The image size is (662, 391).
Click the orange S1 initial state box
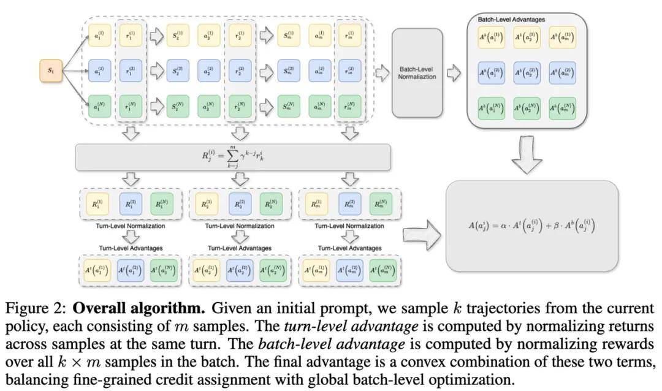click(x=50, y=72)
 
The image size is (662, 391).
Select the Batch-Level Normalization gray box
click(x=416, y=72)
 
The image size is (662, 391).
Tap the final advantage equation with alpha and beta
click(x=531, y=226)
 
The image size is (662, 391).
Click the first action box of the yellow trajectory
click(x=98, y=35)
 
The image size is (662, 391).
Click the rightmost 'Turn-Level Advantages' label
click(x=349, y=248)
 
